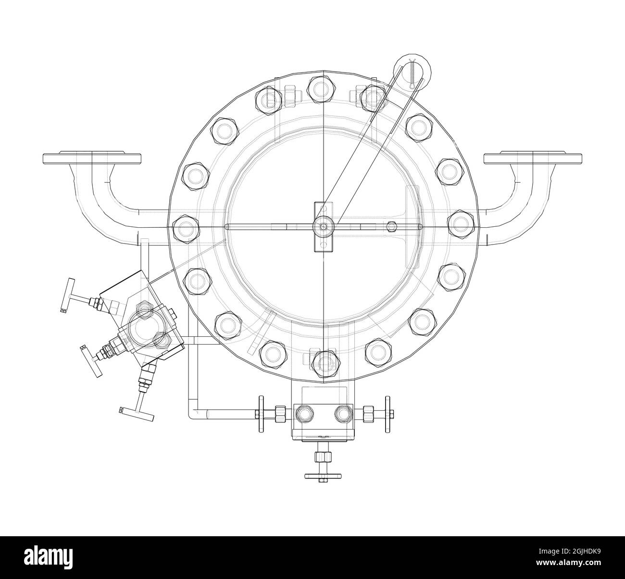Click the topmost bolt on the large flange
pyautogui.click(x=319, y=87)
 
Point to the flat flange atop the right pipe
pyautogui.click(x=533, y=158)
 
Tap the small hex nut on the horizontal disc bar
pyautogui.click(x=392, y=226)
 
